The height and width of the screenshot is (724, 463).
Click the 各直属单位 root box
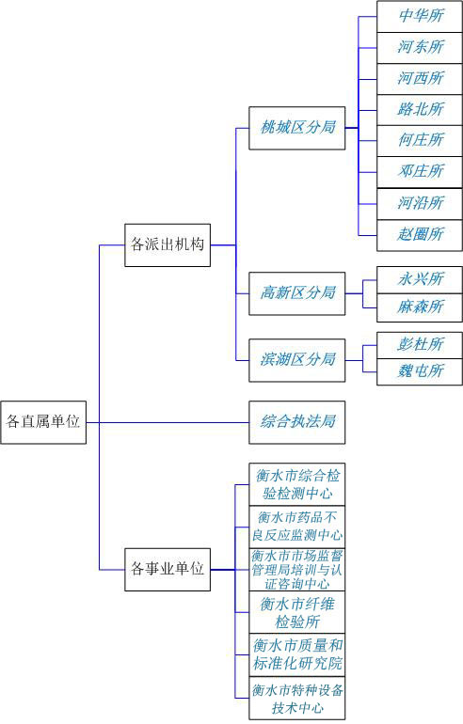pos(43,422)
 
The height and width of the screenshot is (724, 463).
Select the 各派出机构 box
pos(168,245)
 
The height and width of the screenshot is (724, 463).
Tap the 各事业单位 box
pos(168,569)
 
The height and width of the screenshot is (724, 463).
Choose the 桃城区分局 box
pos(297,128)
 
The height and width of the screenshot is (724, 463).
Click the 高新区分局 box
pos(297,293)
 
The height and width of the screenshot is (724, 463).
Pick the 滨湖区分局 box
pos(297,360)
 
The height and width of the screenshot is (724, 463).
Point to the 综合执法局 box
pos(297,422)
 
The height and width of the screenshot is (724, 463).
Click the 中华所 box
pos(420,17)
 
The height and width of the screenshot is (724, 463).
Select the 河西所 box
pos(420,79)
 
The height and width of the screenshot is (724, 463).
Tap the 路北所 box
pos(420,110)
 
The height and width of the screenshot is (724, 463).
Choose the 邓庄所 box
pos(420,172)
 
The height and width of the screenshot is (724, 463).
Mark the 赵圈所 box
pos(420,235)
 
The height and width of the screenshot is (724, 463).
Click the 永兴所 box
pos(420,280)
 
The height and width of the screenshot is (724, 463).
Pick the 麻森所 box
pos(420,307)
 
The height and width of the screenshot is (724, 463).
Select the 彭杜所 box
pos(420,345)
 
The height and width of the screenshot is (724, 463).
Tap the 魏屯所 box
pos(420,371)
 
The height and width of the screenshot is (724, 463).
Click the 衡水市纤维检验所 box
pos(297,612)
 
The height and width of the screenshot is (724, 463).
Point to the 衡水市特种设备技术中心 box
pos(297,698)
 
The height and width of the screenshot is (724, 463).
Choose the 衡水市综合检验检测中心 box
pos(297,484)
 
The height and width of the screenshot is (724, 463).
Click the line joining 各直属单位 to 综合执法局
pos(168,422)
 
